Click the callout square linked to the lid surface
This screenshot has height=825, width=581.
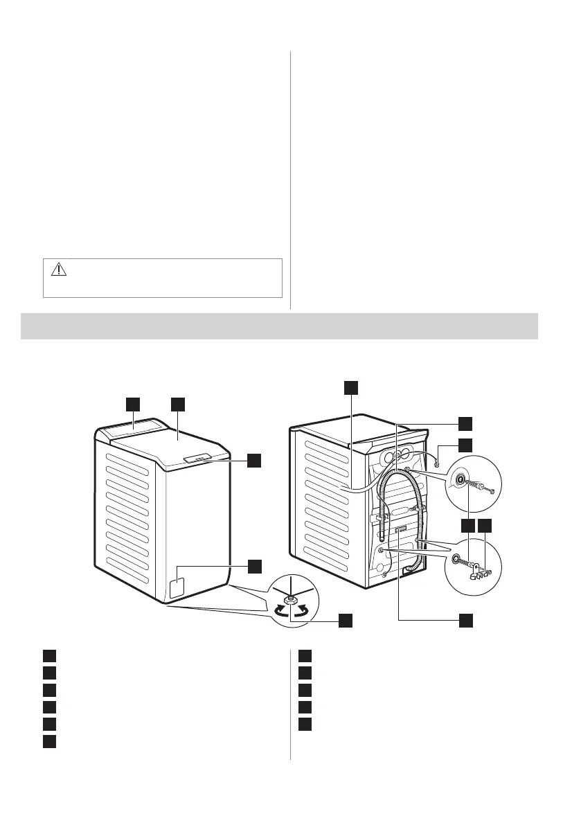(179, 403)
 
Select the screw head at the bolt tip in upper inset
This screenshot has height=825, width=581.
(490, 491)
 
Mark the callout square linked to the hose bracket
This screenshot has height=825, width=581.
(484, 525)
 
